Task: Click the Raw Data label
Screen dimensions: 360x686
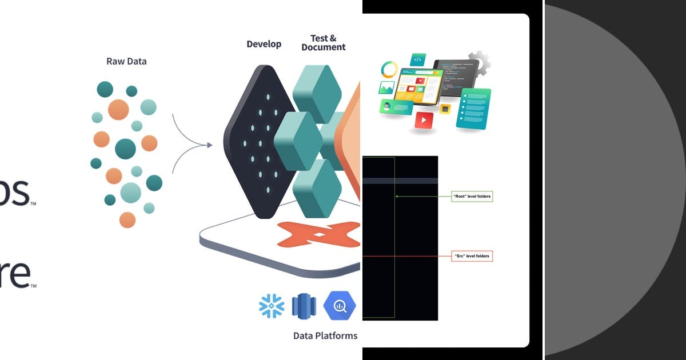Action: [x=126, y=61]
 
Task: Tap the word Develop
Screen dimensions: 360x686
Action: [x=264, y=44]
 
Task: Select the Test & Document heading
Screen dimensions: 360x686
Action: [x=324, y=43]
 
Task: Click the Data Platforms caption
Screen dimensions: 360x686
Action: [x=325, y=335]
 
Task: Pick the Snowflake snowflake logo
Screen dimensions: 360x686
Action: [x=272, y=306]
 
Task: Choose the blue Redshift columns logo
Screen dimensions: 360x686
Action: [x=304, y=306]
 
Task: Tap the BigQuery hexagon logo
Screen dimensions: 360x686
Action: [x=340, y=306]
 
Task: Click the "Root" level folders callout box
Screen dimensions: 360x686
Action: [x=472, y=197]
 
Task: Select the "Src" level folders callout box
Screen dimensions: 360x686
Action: [x=472, y=256]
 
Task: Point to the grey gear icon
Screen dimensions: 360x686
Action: [x=479, y=63]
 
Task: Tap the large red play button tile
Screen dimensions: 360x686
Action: [x=424, y=120]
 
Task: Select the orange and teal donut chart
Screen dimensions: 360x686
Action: [x=390, y=70]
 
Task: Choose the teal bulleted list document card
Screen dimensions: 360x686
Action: [x=473, y=108]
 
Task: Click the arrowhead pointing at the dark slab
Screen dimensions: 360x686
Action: [x=209, y=145]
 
